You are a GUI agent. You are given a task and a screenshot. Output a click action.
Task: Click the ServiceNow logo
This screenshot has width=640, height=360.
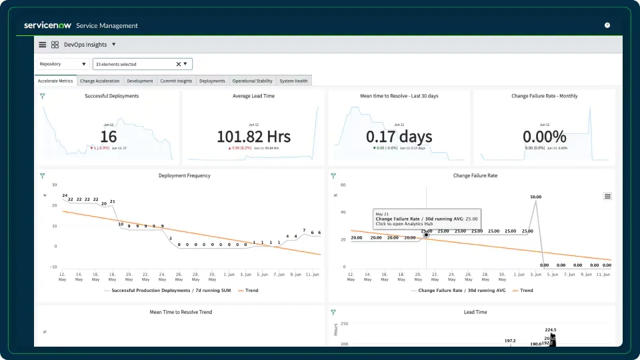(48, 25)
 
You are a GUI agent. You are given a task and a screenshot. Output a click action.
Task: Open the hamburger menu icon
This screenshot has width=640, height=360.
(43, 45)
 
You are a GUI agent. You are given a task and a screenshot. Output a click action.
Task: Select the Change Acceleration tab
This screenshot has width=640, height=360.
(100, 81)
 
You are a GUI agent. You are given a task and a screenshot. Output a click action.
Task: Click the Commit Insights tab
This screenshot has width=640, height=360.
(176, 81)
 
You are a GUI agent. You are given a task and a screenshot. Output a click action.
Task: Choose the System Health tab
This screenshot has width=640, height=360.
(293, 81)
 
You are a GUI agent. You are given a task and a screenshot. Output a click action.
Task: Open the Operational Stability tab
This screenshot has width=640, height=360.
(252, 81)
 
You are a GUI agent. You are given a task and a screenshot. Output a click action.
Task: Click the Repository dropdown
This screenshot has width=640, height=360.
(63, 64)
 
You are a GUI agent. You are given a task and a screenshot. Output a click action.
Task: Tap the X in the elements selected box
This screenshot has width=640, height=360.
(178, 64)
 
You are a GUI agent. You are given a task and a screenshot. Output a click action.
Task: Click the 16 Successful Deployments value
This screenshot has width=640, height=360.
(108, 137)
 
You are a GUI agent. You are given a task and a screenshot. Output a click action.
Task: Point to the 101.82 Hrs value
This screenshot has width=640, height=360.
(253, 137)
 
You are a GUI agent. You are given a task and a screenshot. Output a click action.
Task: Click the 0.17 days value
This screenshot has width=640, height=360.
(399, 137)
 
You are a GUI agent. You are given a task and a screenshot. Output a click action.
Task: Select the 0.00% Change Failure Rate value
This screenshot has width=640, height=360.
(544, 137)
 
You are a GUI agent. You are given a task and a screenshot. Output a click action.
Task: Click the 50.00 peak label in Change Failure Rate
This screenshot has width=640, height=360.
(535, 197)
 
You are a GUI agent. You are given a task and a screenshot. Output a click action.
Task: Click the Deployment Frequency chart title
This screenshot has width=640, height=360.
(185, 175)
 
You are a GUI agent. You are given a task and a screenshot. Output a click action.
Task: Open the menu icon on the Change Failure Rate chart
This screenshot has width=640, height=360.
(607, 196)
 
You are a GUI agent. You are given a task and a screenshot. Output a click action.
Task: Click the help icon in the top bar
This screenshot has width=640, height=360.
(607, 25)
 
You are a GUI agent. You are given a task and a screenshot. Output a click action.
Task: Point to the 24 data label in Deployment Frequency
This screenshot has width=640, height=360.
(65, 196)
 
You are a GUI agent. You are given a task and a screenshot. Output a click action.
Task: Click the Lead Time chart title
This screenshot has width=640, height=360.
(475, 312)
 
